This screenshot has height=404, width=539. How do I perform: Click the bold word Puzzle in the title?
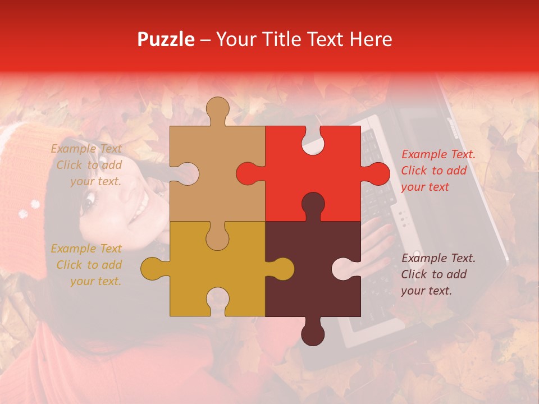[166, 39]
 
